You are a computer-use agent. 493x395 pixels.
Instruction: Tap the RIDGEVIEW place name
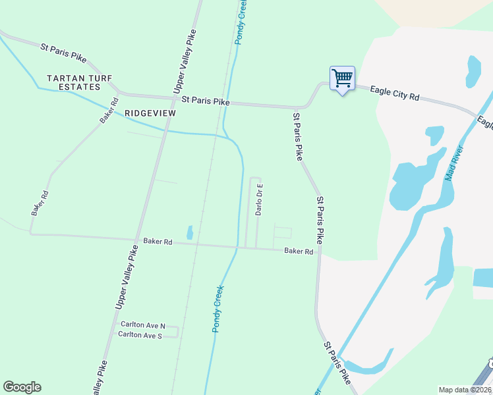[x=150, y=113]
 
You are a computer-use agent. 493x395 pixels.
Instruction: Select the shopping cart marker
[x=342, y=78]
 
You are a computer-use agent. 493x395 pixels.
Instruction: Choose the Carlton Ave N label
[x=142, y=326]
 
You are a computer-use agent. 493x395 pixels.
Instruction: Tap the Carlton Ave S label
[x=140, y=336]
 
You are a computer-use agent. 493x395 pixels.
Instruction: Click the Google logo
[x=22, y=387]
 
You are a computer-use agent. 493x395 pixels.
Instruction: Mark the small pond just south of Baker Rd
[x=190, y=232]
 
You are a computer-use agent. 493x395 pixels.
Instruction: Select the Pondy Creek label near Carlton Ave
[x=217, y=308]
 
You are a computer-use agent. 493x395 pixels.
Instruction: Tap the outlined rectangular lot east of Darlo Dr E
[x=282, y=233]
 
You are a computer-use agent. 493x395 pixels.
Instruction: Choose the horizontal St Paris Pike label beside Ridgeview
[x=206, y=102]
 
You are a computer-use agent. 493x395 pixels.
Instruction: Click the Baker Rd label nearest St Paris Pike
[x=299, y=251]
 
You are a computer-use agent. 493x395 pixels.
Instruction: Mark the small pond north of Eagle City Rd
[x=473, y=71]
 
